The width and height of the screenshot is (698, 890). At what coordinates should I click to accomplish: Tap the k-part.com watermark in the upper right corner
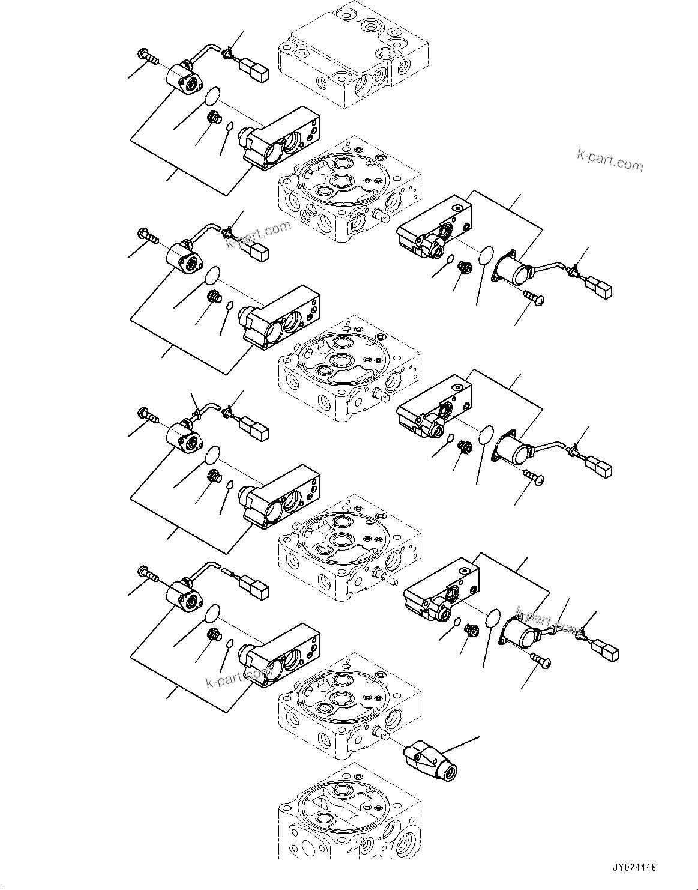(x=609, y=160)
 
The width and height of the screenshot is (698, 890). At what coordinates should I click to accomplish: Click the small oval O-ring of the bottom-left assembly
(x=229, y=644)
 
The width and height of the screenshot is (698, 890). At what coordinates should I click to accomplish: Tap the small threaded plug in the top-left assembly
(x=212, y=118)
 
